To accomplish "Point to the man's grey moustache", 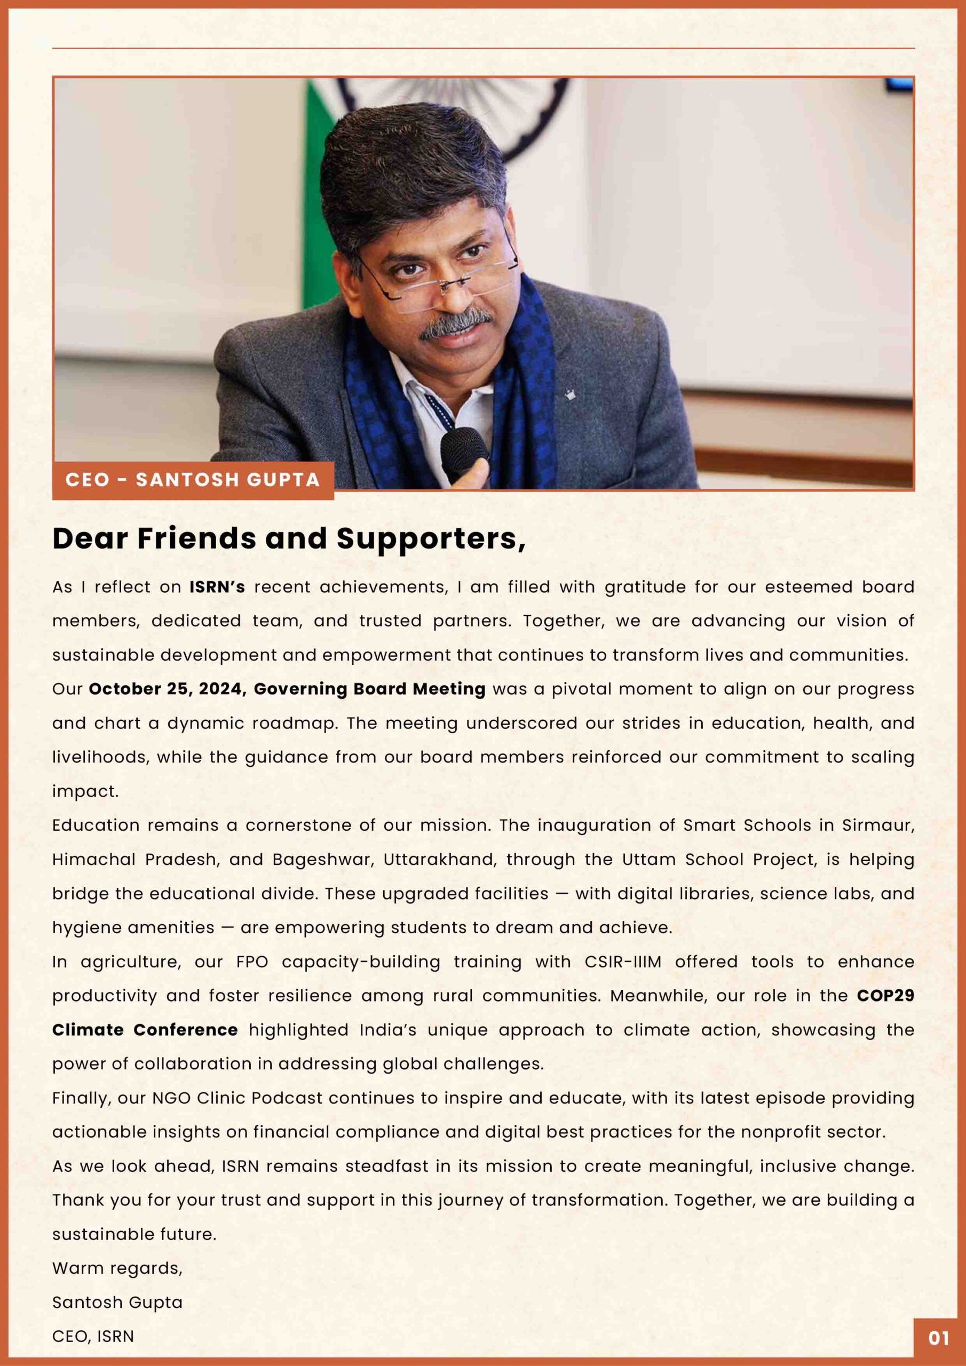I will click(455, 324).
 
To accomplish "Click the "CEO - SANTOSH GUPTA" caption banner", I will click(192, 480).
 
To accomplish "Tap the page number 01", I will click(939, 1338).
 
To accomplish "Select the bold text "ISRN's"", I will click(217, 587).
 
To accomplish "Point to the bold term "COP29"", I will click(885, 996).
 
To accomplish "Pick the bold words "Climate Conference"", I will click(145, 1030).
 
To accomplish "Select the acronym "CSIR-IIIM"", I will click(623, 962).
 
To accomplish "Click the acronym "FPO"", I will click(252, 962).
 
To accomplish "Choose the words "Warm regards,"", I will click(117, 1268).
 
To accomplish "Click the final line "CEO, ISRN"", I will click(93, 1336).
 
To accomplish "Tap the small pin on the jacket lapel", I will click(569, 394).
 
